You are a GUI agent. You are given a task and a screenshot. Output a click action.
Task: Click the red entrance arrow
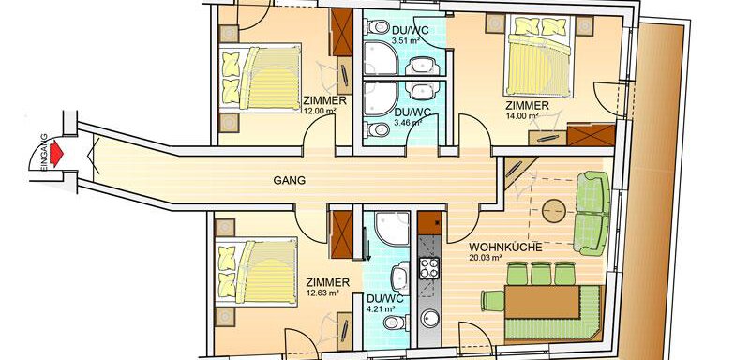[57, 153]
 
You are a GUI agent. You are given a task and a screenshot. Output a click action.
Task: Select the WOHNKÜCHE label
[505, 247]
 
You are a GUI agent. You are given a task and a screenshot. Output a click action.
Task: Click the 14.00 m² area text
[522, 115]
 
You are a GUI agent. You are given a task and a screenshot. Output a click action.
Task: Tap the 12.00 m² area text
[320, 111]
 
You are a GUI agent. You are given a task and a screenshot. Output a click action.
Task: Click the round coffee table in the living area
[554, 210]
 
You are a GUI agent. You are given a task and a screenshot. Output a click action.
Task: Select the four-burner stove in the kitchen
[429, 268]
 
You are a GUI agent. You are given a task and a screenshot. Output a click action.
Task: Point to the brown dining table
[543, 302]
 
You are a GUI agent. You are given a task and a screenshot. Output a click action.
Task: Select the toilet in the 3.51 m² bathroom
[377, 27]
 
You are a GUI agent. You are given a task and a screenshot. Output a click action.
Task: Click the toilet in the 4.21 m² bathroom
[396, 322]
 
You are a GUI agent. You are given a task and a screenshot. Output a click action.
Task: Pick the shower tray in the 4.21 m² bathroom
[392, 229]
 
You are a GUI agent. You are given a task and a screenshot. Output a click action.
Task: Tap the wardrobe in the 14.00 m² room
[592, 135]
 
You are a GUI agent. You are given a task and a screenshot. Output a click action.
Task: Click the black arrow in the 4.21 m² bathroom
[368, 249]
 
